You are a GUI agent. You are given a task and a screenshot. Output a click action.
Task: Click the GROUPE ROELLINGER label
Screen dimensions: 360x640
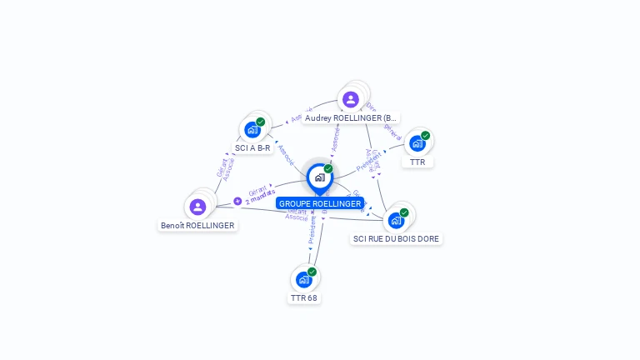pyautogui.click(x=320, y=203)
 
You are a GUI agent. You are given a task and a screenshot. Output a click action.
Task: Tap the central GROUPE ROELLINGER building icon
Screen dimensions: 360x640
pyautogui.click(x=319, y=177)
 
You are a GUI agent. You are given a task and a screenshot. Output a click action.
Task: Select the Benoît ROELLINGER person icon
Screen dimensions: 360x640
pyautogui.click(x=197, y=207)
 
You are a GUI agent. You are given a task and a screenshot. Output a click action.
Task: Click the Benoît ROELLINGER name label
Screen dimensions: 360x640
pyautogui.click(x=197, y=225)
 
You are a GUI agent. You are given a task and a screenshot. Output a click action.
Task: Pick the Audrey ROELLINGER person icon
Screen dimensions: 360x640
pyautogui.click(x=351, y=100)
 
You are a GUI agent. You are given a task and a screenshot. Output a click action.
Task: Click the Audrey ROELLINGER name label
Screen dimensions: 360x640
pyautogui.click(x=351, y=118)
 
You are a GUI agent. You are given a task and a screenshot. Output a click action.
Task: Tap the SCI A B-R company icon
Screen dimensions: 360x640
pyautogui.click(x=252, y=130)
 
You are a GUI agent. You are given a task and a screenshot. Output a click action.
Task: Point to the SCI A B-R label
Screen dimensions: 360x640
pyautogui.click(x=252, y=147)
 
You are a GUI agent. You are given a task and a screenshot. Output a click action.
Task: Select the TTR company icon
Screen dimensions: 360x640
pyautogui.click(x=417, y=143)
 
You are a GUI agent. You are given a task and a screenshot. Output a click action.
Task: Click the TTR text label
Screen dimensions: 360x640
pyautogui.click(x=417, y=162)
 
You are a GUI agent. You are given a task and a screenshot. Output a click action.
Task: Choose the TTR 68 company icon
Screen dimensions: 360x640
pyautogui.click(x=303, y=280)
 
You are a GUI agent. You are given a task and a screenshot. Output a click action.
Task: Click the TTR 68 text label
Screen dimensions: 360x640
pyautogui.click(x=303, y=297)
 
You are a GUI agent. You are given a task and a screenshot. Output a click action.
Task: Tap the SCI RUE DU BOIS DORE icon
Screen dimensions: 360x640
pyautogui.click(x=396, y=221)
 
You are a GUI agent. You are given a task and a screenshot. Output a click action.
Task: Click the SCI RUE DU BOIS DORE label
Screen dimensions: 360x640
pyautogui.click(x=397, y=238)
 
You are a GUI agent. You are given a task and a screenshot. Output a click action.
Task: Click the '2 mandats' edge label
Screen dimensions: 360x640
pyautogui.click(x=260, y=199)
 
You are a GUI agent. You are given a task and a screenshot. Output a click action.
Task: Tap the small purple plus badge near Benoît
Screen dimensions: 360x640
pyautogui.click(x=237, y=201)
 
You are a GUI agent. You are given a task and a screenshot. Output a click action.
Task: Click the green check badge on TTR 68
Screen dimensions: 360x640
pyautogui.click(x=312, y=272)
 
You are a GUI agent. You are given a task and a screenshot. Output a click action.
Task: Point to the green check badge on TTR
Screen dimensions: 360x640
pyautogui.click(x=425, y=136)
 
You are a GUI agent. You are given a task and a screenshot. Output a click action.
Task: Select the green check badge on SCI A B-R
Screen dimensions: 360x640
pyautogui.click(x=260, y=122)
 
